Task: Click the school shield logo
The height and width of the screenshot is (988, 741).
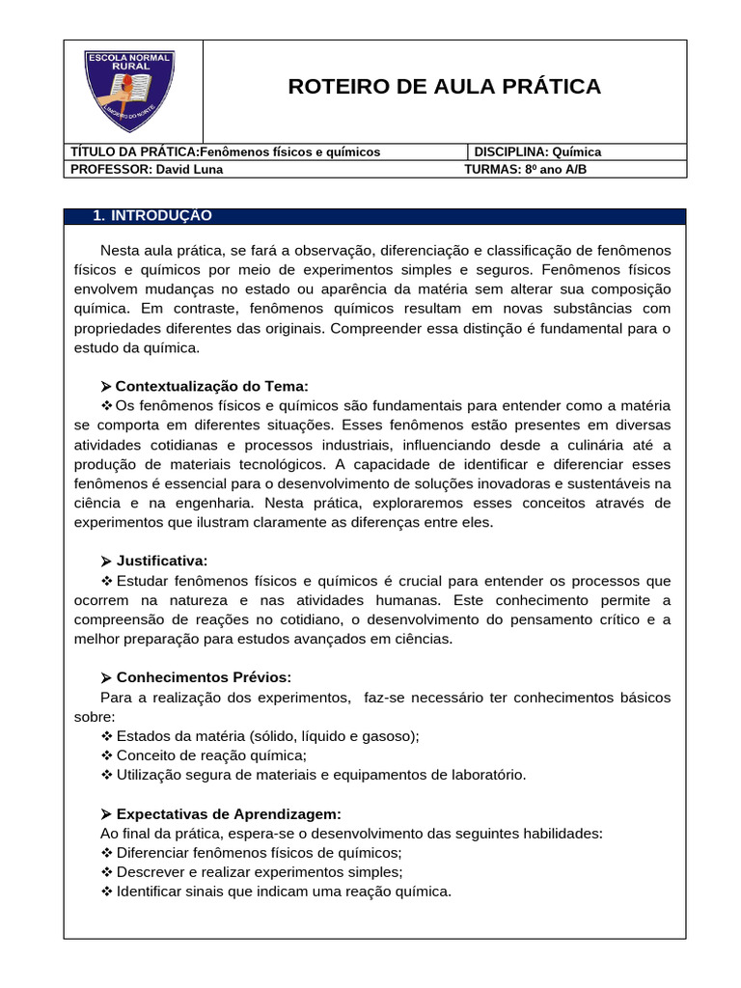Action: [x=129, y=92]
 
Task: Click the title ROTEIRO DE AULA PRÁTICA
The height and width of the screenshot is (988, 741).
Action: [x=444, y=87]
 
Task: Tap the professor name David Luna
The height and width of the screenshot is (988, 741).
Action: [x=190, y=169]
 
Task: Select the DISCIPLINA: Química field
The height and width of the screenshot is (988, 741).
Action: [x=537, y=151]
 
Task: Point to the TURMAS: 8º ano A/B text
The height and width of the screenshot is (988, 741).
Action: [x=525, y=169]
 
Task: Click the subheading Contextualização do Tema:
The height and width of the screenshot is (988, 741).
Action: [x=211, y=385]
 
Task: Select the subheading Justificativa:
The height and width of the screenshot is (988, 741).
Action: [x=161, y=561]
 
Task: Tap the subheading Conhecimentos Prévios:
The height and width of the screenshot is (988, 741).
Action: [x=203, y=677]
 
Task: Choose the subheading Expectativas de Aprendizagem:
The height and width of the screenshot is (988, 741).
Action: [x=228, y=813]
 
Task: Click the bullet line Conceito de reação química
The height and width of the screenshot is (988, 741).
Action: [x=210, y=755]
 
